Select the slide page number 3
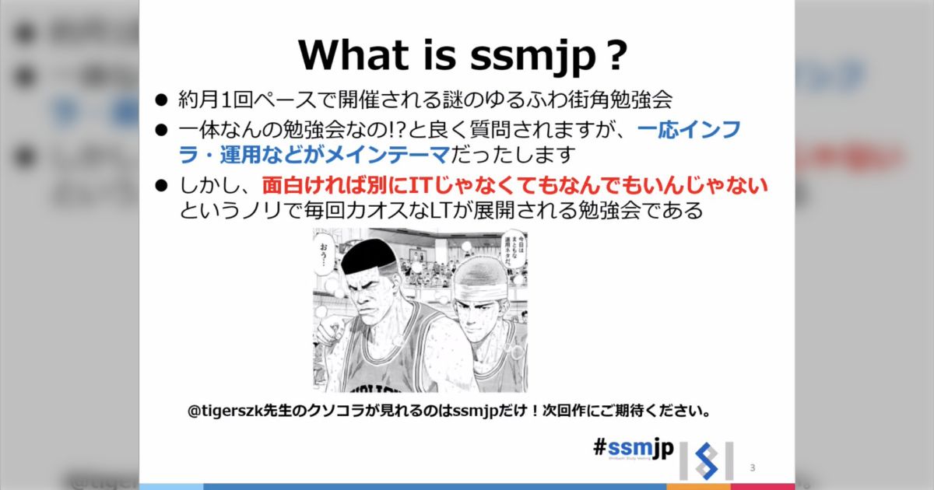click(753, 467)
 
